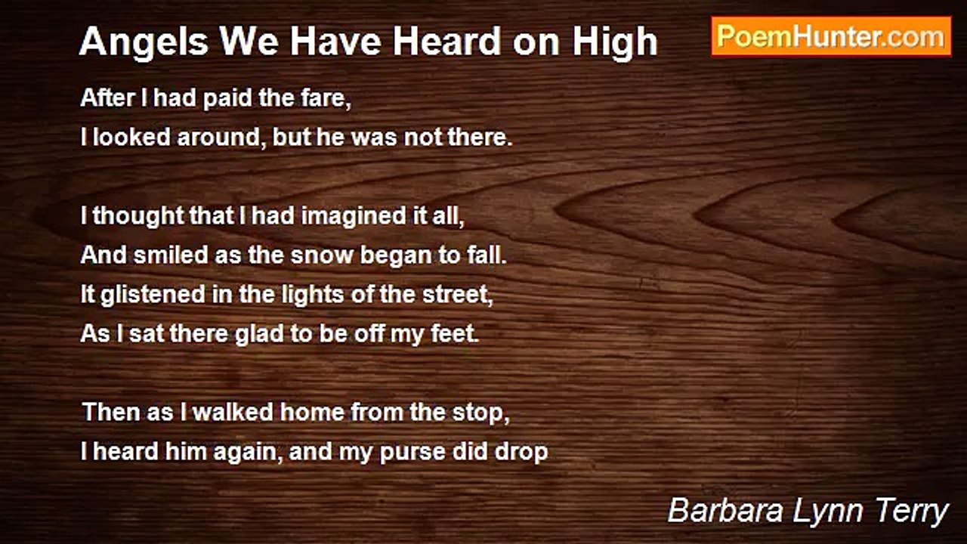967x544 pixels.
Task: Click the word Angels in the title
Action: point(144,42)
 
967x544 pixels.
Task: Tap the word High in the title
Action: point(615,42)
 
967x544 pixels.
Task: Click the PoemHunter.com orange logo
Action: point(831,37)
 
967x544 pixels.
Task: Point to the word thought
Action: point(138,216)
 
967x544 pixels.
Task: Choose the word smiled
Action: point(171,255)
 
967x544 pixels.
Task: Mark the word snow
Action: point(322,255)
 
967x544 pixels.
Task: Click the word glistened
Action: point(153,295)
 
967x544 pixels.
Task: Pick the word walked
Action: point(233,412)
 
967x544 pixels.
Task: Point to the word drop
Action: point(521,453)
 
